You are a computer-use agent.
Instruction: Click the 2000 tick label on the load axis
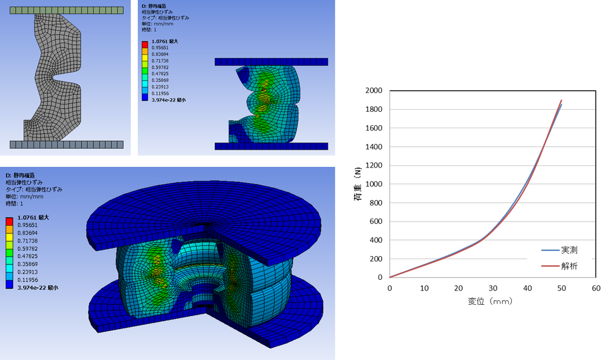[x=374, y=90]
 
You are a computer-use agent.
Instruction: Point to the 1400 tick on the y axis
[x=374, y=147]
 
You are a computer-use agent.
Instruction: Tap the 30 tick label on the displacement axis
[x=493, y=288]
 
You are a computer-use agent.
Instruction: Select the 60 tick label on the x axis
[x=596, y=288]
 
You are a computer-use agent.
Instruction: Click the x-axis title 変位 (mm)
[x=490, y=301]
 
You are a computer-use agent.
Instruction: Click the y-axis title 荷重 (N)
[x=357, y=184]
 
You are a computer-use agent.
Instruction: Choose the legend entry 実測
[x=569, y=250]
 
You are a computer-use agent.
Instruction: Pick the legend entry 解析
[x=569, y=266]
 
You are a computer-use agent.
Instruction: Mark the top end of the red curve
[x=561, y=100]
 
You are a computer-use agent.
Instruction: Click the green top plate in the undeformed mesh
[x=66, y=11]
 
